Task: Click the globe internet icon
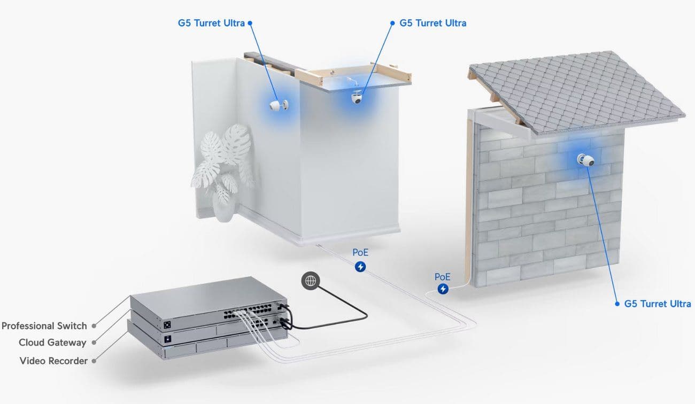311,281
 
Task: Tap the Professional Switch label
44,326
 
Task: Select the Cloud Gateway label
52,343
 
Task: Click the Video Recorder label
53,361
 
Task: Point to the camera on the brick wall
585,160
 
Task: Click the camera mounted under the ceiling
357,97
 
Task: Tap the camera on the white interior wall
279,105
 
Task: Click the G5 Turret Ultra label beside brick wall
658,304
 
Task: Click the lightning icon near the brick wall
443,289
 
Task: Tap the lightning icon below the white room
360,267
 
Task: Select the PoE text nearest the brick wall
442,277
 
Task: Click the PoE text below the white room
360,252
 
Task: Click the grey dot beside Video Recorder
94,361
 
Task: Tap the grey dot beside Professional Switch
94,326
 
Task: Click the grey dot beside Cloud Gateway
94,343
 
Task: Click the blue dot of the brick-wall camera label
617,304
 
